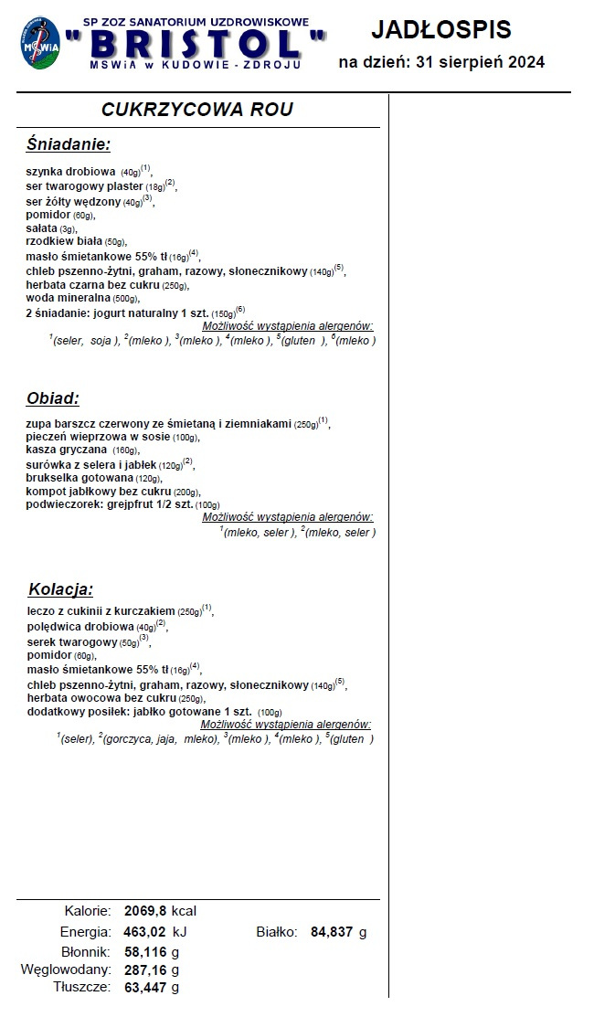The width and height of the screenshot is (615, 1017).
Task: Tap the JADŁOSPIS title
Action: [441, 29]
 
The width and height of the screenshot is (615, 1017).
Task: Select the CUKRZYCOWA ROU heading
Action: [197, 110]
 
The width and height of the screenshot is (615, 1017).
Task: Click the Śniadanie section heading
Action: [69, 144]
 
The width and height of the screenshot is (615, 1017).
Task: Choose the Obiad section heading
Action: [53, 398]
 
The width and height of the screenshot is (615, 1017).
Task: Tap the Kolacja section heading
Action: [60, 589]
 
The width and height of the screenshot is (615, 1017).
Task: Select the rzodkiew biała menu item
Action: [76, 241]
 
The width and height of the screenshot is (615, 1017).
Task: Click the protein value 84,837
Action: [331, 932]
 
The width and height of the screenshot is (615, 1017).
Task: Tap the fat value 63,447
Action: [145, 987]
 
